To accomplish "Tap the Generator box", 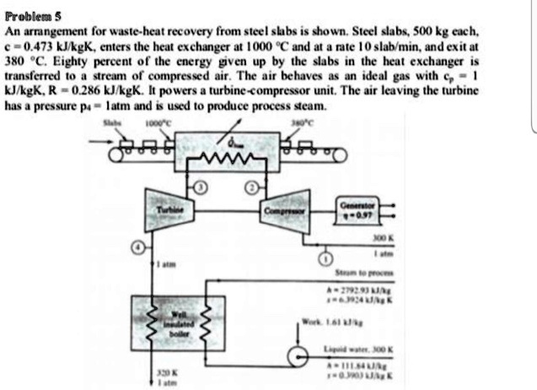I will point(359,208).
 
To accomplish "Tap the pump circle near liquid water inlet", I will point(297,358).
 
